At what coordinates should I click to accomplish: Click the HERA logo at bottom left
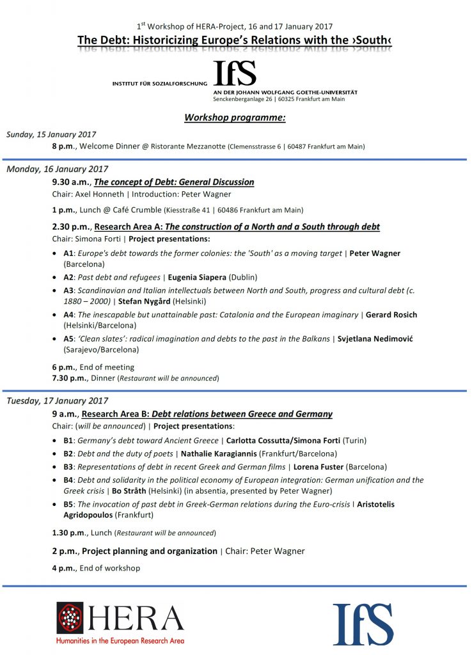120,622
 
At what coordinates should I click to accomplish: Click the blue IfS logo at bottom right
363,624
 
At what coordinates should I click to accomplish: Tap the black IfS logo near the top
235,73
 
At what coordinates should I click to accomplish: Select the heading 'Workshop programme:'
235,118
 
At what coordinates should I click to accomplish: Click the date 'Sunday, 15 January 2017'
51,134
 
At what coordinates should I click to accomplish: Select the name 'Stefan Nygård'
144,301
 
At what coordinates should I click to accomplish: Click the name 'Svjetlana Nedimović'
375,338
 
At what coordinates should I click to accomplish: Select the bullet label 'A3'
68,290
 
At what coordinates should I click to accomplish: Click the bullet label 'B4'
68,480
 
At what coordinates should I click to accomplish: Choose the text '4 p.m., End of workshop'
96,568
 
